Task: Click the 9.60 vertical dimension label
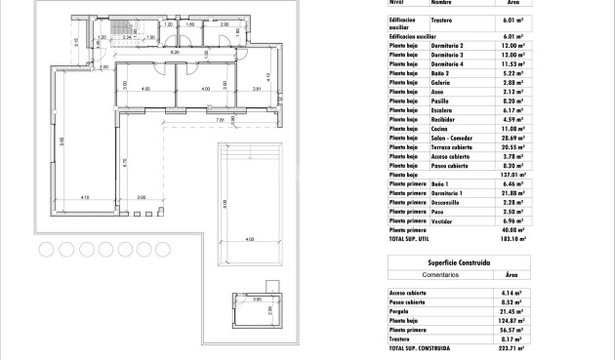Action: [x=61, y=141]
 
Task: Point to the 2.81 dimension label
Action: [x=255, y=89]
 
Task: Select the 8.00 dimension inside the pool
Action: [x=224, y=204]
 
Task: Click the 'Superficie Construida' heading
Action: [x=458, y=262]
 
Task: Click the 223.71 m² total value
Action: [x=512, y=347]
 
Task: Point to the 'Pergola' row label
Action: [x=402, y=310]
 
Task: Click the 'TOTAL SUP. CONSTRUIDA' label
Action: [x=420, y=347]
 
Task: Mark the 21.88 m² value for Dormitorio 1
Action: [x=512, y=193]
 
